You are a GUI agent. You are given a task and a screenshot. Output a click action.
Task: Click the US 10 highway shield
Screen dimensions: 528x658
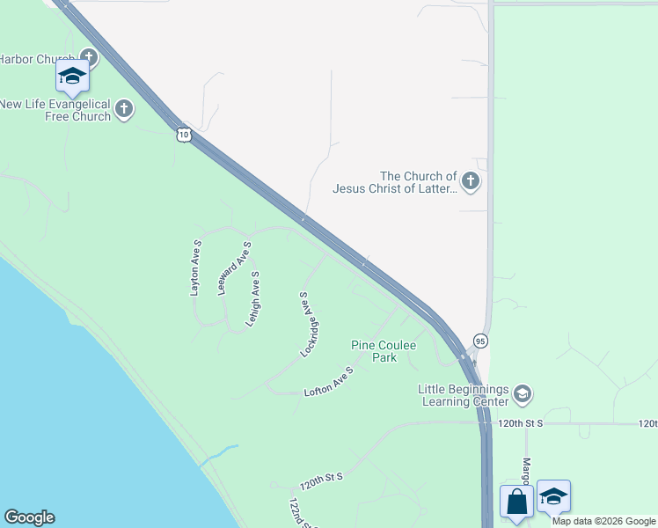(182, 134)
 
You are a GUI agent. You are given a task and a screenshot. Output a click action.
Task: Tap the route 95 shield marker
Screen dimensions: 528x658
(479, 341)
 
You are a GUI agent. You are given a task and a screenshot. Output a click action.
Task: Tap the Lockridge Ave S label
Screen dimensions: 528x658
(307, 325)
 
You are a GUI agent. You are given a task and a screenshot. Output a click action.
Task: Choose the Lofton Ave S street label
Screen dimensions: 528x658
(328, 383)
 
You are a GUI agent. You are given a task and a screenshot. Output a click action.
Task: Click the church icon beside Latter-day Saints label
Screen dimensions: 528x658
(471, 181)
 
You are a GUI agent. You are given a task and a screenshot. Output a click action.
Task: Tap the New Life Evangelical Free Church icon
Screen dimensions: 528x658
(124, 110)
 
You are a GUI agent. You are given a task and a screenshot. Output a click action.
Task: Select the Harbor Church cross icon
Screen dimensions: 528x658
(90, 59)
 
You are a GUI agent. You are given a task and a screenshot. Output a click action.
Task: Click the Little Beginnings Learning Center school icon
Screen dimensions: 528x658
(522, 393)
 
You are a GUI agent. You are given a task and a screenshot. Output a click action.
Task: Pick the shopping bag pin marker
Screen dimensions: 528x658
(517, 501)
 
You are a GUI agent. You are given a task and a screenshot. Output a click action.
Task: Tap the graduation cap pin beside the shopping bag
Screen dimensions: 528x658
(553, 497)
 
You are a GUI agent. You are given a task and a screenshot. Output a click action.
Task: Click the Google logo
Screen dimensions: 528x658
(29, 517)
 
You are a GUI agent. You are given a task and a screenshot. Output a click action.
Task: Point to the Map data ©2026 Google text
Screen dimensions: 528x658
(603, 521)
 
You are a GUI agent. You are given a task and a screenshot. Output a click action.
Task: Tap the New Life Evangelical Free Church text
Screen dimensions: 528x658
(55, 110)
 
